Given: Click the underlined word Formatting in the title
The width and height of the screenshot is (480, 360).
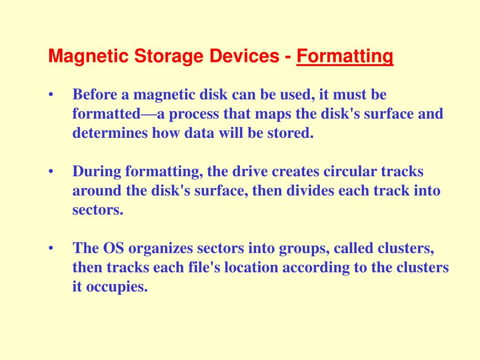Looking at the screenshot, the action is (345, 56).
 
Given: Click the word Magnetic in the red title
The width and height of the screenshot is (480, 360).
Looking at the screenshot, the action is (89, 56).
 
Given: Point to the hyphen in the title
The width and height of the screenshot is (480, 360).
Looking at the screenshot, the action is (288, 57).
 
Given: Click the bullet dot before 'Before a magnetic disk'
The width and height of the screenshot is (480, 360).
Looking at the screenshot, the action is (51, 95).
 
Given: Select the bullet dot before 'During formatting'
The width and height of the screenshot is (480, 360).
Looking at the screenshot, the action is (51, 172).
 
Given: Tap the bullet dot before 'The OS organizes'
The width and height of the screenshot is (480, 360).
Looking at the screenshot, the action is (51, 248).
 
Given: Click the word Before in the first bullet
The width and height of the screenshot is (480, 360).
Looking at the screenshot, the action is (95, 94).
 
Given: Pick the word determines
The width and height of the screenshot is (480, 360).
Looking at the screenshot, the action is (110, 133).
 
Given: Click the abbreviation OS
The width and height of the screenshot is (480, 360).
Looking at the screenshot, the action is (113, 248).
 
